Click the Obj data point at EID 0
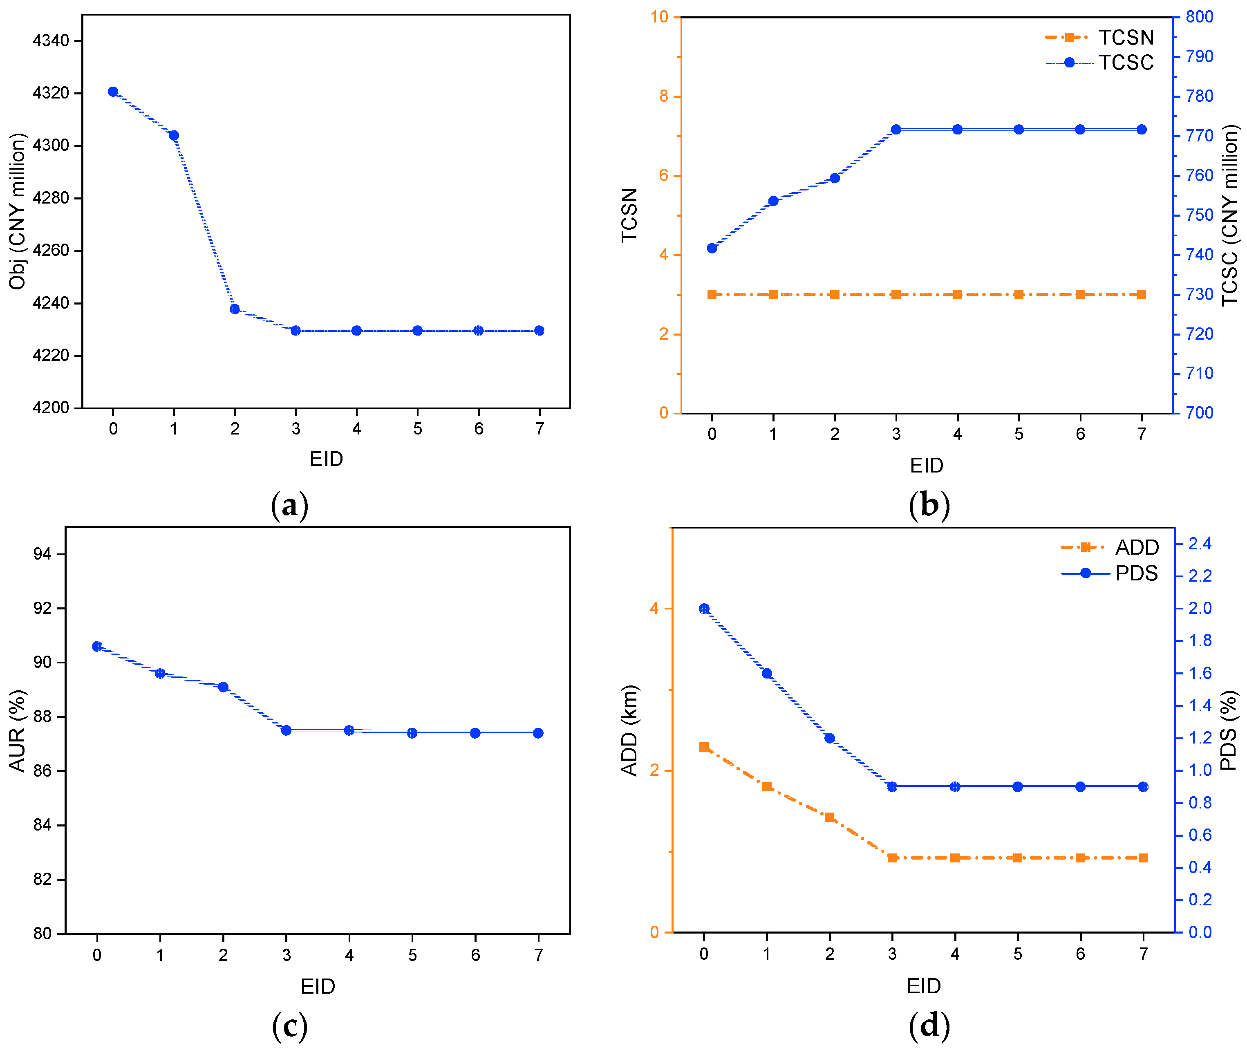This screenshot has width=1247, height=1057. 113,92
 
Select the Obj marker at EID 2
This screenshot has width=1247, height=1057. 235,309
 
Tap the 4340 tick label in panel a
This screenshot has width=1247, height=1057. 51,41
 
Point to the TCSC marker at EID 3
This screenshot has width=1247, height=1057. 896,130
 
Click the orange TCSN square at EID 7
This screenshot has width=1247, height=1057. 1142,294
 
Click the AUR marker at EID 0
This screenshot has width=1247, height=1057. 97,646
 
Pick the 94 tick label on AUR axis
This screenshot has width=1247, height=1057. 43,554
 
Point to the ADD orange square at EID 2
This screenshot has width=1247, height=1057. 829,817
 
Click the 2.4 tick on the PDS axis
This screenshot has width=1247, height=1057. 1200,544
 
